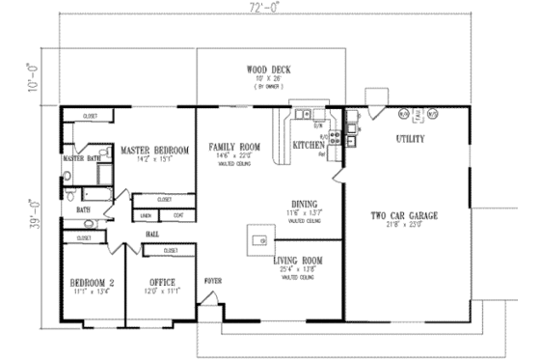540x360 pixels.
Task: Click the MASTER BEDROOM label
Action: (152, 150)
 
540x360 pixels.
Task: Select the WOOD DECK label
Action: (268, 69)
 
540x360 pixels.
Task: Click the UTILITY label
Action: (410, 139)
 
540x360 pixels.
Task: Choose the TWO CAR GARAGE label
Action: (407, 215)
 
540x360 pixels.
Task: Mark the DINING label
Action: (292, 204)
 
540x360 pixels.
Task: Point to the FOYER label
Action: (212, 280)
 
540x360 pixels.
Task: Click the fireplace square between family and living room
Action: (258, 238)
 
